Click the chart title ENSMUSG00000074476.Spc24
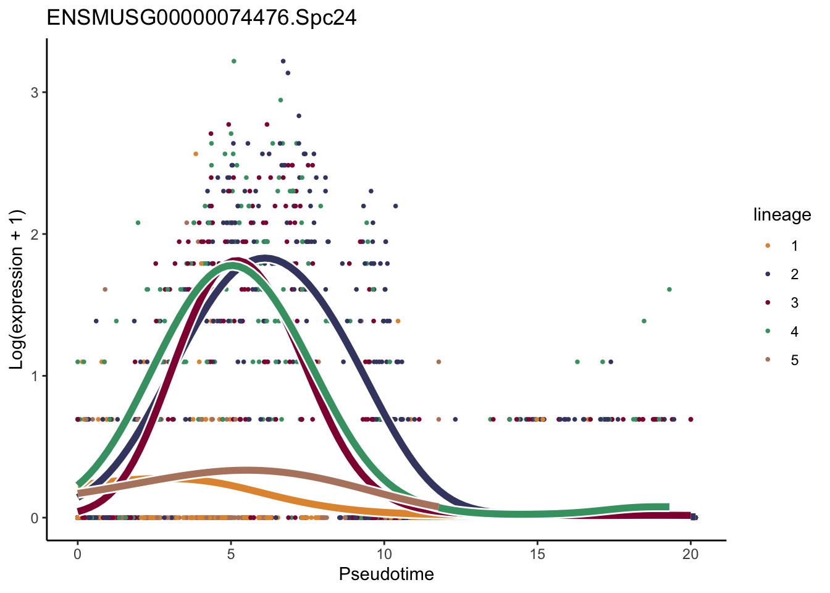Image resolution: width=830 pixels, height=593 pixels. [201, 18]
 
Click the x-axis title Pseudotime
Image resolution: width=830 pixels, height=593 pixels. [386, 574]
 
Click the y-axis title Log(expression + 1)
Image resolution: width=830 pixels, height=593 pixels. [17, 289]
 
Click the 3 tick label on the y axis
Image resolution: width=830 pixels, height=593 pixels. [35, 92]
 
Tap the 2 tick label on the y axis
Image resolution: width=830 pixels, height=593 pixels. [35, 234]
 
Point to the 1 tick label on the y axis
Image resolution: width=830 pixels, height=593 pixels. [35, 376]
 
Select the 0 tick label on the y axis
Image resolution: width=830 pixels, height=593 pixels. [35, 518]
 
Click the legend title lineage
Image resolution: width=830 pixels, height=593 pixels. [782, 215]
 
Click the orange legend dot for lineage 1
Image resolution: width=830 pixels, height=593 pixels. [768, 245]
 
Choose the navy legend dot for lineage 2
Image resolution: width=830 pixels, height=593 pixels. [768, 274]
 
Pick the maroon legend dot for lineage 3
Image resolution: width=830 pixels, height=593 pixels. [768, 303]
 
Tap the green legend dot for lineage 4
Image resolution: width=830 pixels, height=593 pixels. [768, 332]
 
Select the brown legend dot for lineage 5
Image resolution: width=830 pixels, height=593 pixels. [768, 360]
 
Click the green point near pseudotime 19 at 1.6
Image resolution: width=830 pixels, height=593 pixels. [669, 289]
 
